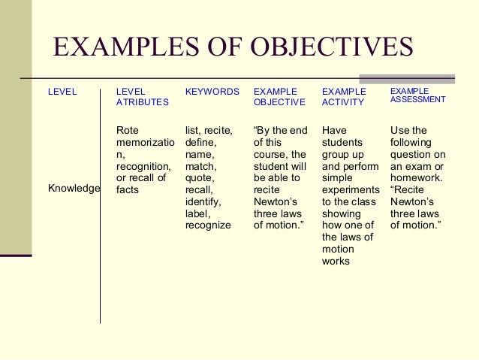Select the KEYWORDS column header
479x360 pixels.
tap(212, 92)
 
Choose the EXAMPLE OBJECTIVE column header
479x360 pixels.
tap(279, 97)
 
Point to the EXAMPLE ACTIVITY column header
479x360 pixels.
tap(344, 97)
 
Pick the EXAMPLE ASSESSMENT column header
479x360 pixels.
tap(417, 95)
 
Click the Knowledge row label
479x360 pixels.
tap(74, 189)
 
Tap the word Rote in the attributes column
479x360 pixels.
tap(128, 131)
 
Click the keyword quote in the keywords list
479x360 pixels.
tap(199, 178)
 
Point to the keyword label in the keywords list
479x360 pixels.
tap(198, 213)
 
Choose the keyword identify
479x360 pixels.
tap(203, 201)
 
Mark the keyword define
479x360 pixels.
tap(200, 143)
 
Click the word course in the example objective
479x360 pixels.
tap(270, 154)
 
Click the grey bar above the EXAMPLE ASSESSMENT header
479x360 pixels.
tap(407, 78)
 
